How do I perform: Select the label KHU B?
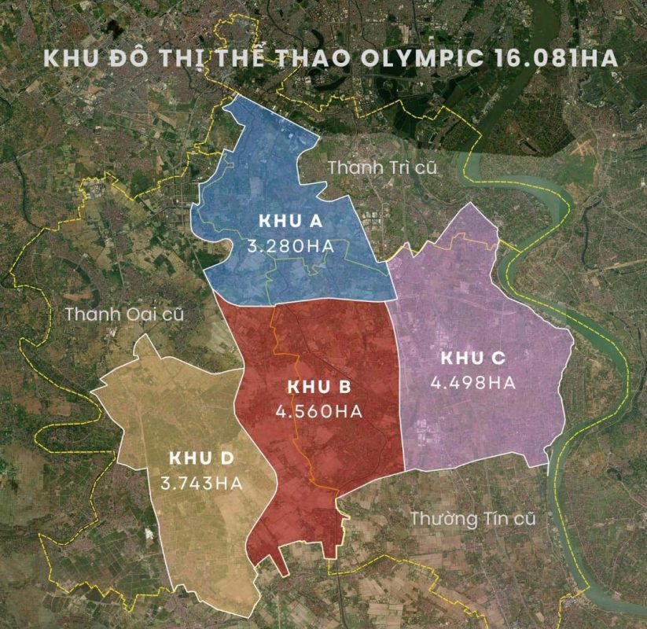[x=318, y=387]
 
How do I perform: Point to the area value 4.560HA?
[x=318, y=411]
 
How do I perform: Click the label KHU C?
[x=472, y=359]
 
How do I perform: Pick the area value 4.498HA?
[x=472, y=383]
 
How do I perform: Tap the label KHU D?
[x=202, y=459]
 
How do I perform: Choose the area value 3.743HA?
[x=202, y=484]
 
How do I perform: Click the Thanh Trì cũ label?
[x=381, y=167]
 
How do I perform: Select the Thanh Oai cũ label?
[x=124, y=314]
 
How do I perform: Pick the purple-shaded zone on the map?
[x=472, y=299]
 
